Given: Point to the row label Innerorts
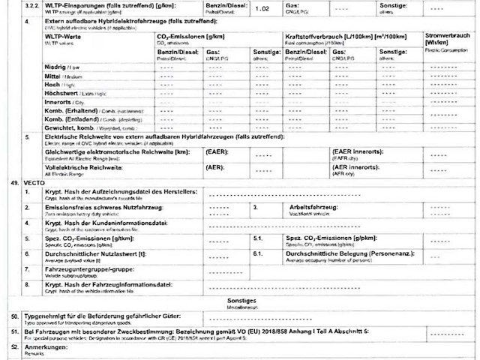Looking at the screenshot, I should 58,101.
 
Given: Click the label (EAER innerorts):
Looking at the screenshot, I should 356,151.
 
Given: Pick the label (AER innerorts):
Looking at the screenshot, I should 353,168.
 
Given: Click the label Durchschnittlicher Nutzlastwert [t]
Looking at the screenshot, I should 95,253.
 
